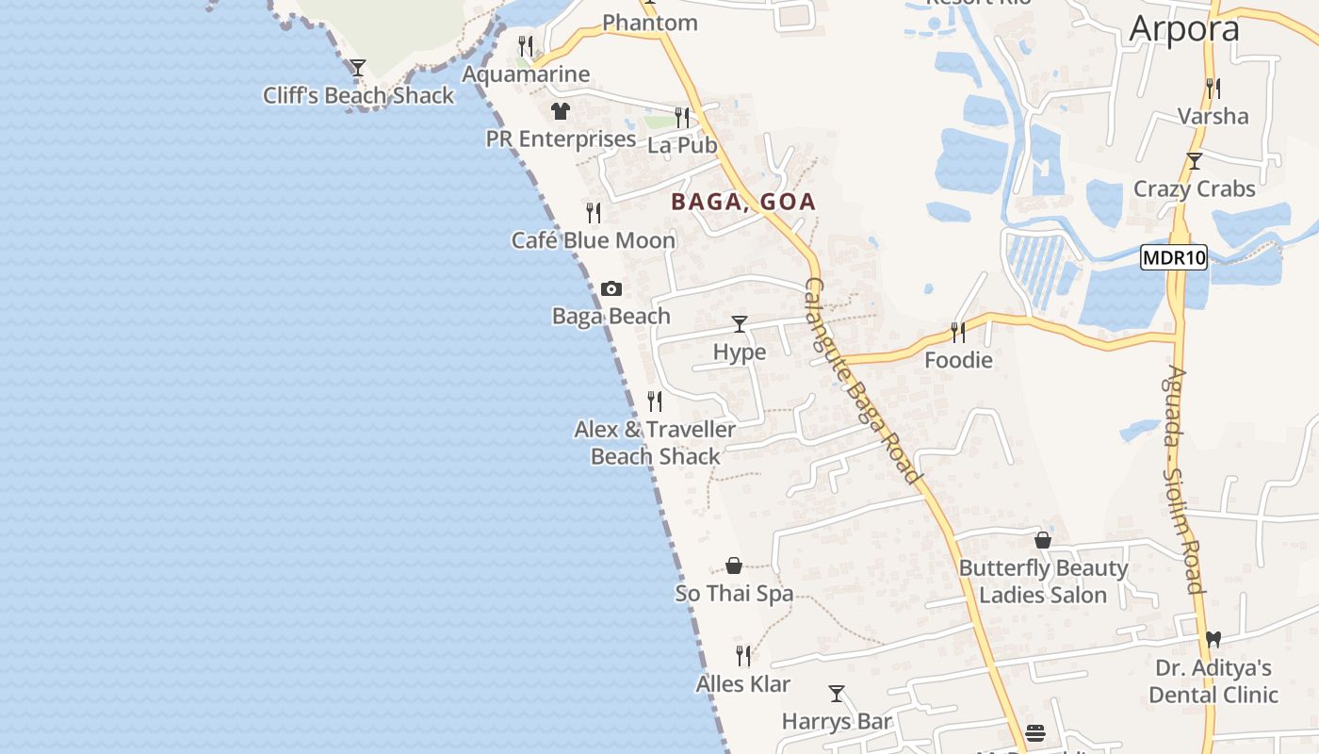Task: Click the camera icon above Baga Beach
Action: click(x=611, y=288)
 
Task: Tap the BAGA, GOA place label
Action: click(x=743, y=202)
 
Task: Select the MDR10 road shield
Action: click(x=1173, y=257)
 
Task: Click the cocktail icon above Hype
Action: click(x=740, y=324)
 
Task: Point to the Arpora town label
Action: click(x=1184, y=29)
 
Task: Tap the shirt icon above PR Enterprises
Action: click(x=561, y=111)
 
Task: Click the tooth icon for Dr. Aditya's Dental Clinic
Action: click(x=1213, y=639)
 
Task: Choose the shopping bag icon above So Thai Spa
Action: click(x=734, y=565)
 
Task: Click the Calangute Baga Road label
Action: click(x=861, y=381)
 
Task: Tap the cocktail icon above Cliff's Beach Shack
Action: click(x=358, y=68)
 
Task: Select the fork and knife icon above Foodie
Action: click(x=958, y=332)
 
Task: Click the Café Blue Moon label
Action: click(x=594, y=240)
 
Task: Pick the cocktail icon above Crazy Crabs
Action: click(x=1195, y=161)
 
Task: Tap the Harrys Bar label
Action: click(x=837, y=722)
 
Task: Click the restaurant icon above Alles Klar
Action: click(x=743, y=655)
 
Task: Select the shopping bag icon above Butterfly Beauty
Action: click(x=1043, y=540)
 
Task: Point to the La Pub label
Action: click(x=682, y=145)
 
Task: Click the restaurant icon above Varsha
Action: click(x=1213, y=89)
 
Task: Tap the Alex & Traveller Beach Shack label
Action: click(x=655, y=443)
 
